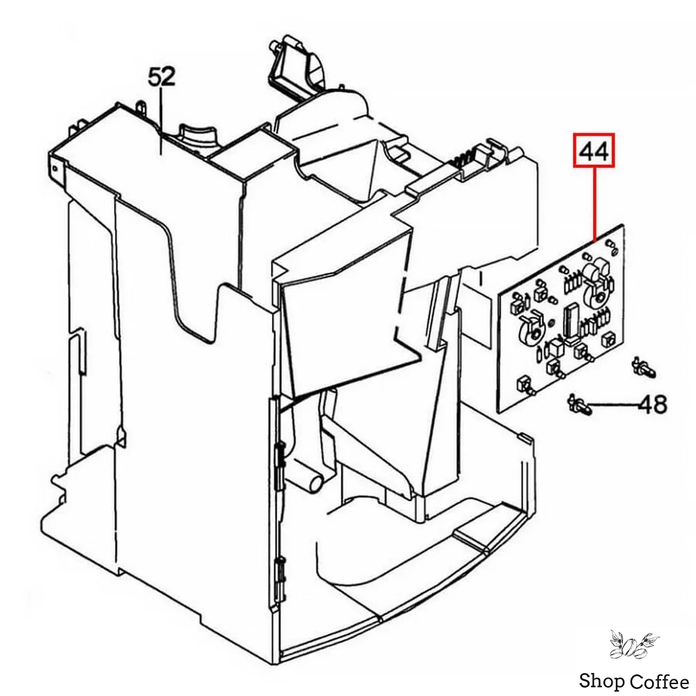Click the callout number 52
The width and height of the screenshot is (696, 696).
(161, 77)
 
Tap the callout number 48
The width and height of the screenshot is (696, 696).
(652, 404)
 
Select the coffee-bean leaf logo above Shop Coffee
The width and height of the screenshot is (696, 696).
(633, 644)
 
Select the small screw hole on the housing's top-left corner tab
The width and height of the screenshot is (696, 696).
(54, 165)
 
